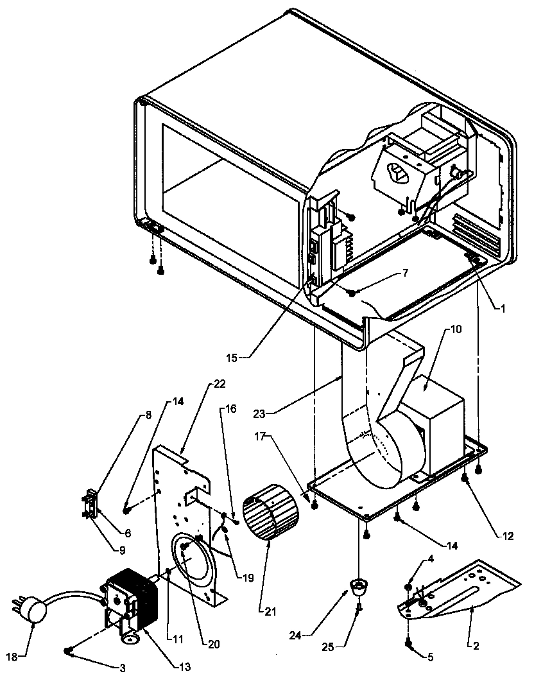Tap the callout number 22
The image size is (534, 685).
click(220, 384)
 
